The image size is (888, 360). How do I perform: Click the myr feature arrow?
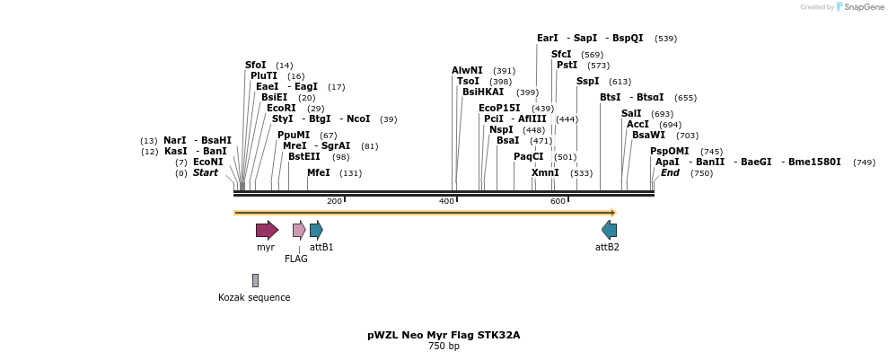pos(267,230)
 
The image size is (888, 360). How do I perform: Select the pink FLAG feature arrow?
pos(299,230)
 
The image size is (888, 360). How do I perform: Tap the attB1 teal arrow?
pos(316,230)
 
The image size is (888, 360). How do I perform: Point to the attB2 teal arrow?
pos(609,230)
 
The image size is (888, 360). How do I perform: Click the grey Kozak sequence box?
pos(255,280)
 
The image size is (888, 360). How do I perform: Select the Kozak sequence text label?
pos(254,297)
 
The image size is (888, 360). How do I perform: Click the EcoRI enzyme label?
pos(281,108)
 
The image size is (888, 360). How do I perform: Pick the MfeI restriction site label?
pos(319,172)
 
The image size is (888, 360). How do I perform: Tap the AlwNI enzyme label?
pos(467,70)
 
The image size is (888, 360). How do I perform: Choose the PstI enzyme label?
pos(567,65)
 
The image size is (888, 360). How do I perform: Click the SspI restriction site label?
pos(587,81)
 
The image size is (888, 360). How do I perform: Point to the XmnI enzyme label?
pos(545,172)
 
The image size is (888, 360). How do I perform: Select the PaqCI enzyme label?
pos(529,156)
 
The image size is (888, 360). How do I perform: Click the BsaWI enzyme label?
pos(648,135)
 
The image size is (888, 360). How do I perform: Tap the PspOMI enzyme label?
pos(667,151)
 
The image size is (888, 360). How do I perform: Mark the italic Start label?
pos(205,172)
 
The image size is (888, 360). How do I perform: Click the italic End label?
pos(670,172)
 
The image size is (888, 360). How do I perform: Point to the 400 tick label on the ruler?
pos(446,201)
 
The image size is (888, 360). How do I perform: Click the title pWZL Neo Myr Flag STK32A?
pos(444,335)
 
